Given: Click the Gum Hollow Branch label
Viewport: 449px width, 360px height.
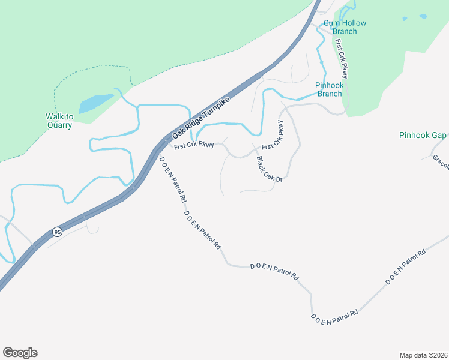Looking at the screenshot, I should [345, 27].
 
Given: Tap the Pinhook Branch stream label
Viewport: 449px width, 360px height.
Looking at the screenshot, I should [330, 89].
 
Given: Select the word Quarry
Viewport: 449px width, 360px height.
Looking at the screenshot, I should [59, 125].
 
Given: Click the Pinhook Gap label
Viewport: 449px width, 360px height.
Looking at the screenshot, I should [423, 136].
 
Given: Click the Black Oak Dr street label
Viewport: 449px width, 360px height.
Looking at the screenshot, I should [269, 169].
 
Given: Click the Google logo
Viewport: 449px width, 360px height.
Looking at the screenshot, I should [20, 353].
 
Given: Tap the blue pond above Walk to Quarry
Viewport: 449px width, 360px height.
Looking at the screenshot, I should [95, 103].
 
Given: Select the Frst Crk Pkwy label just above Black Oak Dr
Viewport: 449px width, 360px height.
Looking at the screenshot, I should [272, 136].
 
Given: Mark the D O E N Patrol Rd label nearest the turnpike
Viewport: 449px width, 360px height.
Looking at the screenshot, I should [173, 179].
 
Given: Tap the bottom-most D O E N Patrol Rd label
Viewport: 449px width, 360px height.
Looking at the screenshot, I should [334, 317].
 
